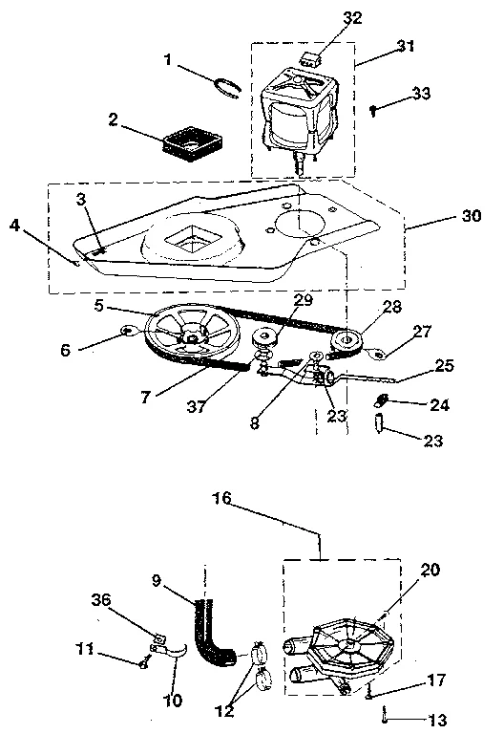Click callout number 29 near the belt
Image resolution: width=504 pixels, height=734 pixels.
303,301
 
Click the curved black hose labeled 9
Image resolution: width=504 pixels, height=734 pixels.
212,641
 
